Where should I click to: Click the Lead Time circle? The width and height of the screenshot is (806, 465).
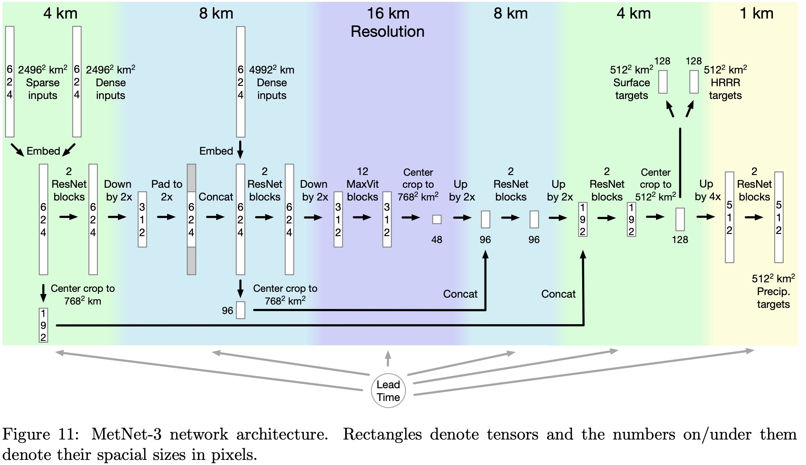[x=388, y=390]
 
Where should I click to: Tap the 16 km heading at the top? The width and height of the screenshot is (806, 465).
[x=388, y=13]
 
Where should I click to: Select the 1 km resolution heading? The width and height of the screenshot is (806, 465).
[x=756, y=13]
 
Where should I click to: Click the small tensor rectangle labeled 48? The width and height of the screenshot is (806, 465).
[x=436, y=219]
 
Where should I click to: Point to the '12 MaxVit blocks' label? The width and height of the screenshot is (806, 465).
[x=362, y=184]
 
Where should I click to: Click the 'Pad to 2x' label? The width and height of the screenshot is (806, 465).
[x=167, y=190]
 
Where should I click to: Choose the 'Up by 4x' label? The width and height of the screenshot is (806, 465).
[x=707, y=190]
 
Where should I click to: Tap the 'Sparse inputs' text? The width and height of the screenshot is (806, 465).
[x=43, y=89]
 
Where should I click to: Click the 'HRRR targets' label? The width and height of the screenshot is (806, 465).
[x=725, y=89]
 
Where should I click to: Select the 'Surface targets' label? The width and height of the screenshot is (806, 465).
[x=631, y=89]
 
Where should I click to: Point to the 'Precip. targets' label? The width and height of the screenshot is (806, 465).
[x=773, y=298]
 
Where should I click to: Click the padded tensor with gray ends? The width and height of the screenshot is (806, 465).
[x=191, y=219]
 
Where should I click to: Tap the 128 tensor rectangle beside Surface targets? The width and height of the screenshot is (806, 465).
[x=663, y=82]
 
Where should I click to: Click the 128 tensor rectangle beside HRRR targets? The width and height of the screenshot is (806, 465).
[x=694, y=82]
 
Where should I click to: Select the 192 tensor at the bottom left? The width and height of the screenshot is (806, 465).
[x=43, y=325]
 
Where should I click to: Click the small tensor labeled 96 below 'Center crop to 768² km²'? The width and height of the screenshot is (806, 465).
[x=241, y=310]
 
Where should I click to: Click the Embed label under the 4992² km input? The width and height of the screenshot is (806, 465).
[x=216, y=151]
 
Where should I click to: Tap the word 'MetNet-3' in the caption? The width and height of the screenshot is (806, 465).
[x=126, y=434]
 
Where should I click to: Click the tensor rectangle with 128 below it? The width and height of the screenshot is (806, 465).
[x=680, y=219]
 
